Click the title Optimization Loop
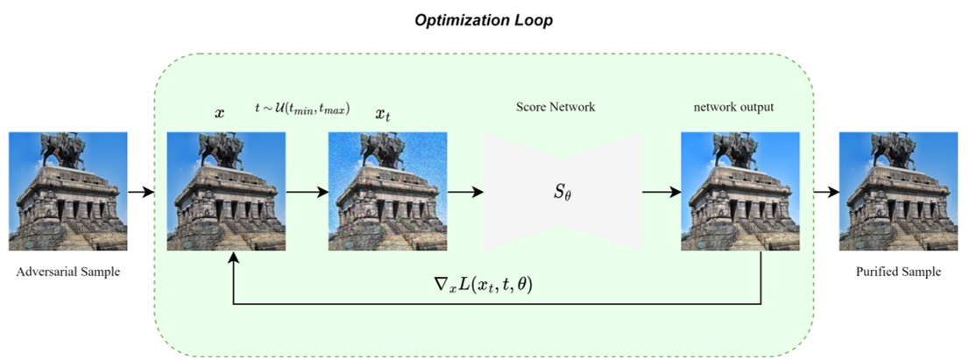click(484, 19)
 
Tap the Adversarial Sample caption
click(68, 272)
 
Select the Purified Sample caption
click(898, 272)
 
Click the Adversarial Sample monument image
click(68, 191)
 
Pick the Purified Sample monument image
click(898, 191)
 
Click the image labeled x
click(226, 191)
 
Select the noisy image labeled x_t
click(387, 191)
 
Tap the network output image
click(740, 191)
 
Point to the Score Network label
click(555, 108)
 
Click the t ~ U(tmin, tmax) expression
click(302, 109)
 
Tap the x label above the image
click(219, 113)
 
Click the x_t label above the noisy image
click(383, 114)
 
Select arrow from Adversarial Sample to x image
click(140, 191)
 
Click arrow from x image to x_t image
click(307, 191)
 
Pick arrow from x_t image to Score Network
click(465, 191)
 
